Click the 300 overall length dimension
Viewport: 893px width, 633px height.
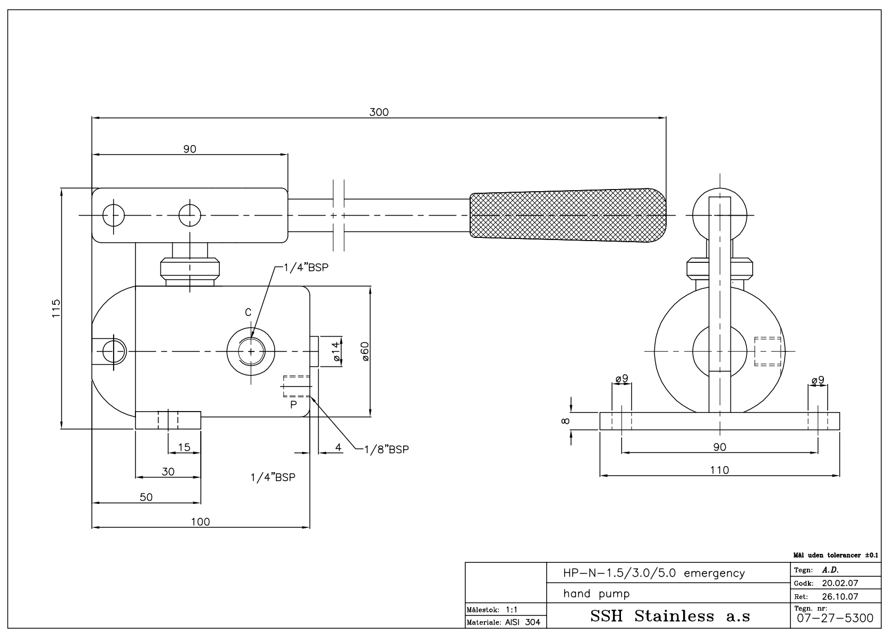(x=379, y=112)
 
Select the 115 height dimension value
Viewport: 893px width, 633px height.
(x=56, y=308)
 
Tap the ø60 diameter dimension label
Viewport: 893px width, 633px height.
(x=365, y=351)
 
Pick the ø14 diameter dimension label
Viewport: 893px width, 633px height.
(x=336, y=351)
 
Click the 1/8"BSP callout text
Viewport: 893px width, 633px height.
(x=387, y=449)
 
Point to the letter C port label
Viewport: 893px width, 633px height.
(x=248, y=312)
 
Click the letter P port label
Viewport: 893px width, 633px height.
(x=293, y=405)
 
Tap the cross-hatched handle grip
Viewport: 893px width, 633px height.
(x=568, y=215)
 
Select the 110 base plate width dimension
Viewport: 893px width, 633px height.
(x=720, y=470)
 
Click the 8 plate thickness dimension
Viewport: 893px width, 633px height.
(x=565, y=421)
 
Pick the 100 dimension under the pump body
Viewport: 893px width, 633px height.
(x=200, y=522)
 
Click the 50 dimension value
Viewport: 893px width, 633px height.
(x=146, y=497)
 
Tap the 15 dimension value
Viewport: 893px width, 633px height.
(x=184, y=447)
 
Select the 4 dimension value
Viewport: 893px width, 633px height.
(x=338, y=447)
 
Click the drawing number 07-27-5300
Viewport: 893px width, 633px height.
(x=835, y=618)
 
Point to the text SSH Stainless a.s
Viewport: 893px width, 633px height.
(x=670, y=616)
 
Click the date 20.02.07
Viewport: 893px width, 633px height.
(x=840, y=583)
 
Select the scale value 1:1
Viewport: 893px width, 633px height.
(x=512, y=610)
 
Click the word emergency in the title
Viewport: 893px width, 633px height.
(x=715, y=574)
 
